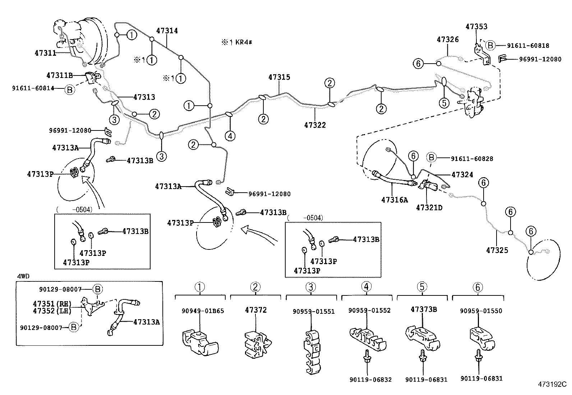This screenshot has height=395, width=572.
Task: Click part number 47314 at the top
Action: (x=167, y=31)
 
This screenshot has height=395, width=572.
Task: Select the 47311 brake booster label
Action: (x=45, y=53)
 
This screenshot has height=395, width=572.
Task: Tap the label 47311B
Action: (x=60, y=75)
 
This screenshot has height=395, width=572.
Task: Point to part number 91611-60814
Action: (x=33, y=88)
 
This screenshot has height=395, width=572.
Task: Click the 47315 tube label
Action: (x=279, y=77)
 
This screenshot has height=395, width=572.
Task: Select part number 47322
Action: (x=315, y=125)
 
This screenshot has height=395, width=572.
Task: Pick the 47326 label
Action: (x=448, y=40)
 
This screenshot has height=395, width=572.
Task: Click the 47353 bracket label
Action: (x=476, y=27)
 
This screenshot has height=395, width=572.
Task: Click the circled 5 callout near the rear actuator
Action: (x=444, y=103)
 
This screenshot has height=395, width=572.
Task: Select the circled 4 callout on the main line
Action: (x=230, y=136)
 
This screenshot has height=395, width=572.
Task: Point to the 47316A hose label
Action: (x=395, y=200)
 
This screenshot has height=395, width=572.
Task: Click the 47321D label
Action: (x=429, y=207)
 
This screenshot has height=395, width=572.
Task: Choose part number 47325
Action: (x=497, y=250)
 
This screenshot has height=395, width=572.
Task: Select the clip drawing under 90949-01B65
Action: (x=200, y=342)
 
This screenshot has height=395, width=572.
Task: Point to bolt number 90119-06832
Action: (x=370, y=380)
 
